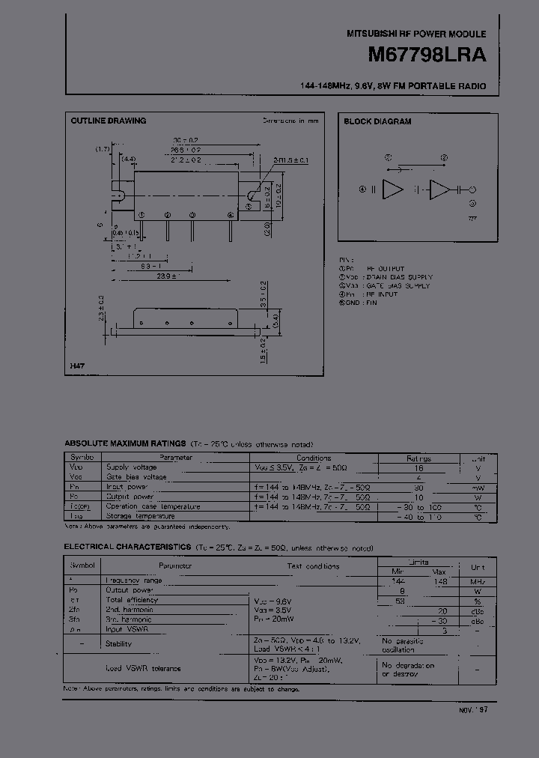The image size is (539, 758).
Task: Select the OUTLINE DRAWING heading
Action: (x=108, y=121)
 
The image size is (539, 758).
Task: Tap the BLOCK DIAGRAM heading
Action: (x=377, y=121)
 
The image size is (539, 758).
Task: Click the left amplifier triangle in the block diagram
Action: (x=391, y=190)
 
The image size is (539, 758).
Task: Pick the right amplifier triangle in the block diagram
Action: (x=439, y=190)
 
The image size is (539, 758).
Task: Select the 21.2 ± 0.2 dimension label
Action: (x=186, y=160)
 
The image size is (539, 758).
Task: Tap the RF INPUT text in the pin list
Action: (x=383, y=294)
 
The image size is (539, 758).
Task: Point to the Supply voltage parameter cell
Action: (x=132, y=467)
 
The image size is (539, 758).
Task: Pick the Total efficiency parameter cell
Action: (x=132, y=600)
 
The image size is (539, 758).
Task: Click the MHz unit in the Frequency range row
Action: (x=478, y=581)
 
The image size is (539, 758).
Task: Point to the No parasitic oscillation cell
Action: (x=403, y=645)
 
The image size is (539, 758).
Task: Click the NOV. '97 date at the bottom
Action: (x=472, y=709)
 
